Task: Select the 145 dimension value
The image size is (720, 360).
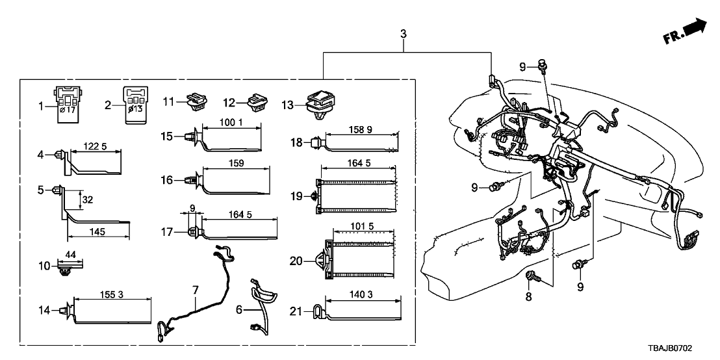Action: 98,231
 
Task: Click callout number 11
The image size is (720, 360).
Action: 168,101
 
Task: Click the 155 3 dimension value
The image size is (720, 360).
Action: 112,294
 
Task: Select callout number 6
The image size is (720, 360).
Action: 239,311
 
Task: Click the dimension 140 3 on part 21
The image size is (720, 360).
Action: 361,294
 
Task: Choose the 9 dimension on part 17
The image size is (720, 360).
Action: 192,208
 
